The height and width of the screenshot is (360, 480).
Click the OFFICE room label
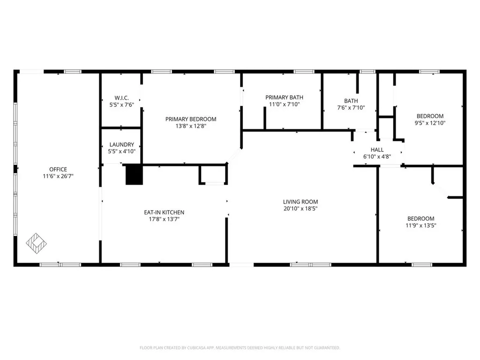(x=58, y=169)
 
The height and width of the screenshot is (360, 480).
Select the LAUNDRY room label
(x=121, y=145)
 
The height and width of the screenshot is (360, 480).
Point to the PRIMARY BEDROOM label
(x=191, y=119)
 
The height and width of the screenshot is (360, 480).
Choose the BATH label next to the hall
(x=351, y=101)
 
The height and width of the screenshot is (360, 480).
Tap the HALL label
(x=377, y=149)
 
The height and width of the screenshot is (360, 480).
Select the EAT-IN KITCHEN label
(x=164, y=212)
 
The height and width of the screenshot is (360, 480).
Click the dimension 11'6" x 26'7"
(x=58, y=176)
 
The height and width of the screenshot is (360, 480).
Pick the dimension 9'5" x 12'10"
(x=430, y=123)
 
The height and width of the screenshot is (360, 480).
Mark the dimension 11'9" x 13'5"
(x=420, y=225)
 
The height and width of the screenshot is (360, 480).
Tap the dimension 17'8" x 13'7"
(x=164, y=219)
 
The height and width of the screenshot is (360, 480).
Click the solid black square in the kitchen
(x=134, y=175)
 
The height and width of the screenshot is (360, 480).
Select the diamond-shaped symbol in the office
(x=36, y=242)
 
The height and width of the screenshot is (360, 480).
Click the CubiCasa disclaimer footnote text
(x=240, y=348)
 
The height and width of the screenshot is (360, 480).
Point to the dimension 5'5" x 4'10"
(x=121, y=151)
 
